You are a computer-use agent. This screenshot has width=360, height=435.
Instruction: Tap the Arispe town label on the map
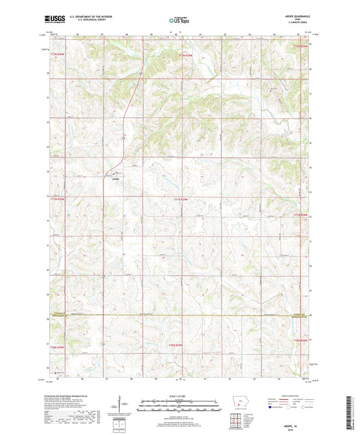click(115, 179)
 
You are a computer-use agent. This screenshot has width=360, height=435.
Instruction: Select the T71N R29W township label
click(180, 199)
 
